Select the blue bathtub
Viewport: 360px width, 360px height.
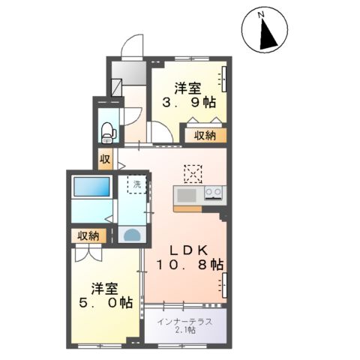[91, 187]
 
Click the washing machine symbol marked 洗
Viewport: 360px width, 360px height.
[137, 184]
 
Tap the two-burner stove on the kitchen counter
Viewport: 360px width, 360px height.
[213, 193]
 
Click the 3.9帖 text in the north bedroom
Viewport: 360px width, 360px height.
[187, 103]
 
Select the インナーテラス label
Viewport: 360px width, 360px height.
[184, 320]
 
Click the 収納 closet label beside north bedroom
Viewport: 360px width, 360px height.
[205, 136]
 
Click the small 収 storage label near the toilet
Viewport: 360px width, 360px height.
[105, 159]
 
